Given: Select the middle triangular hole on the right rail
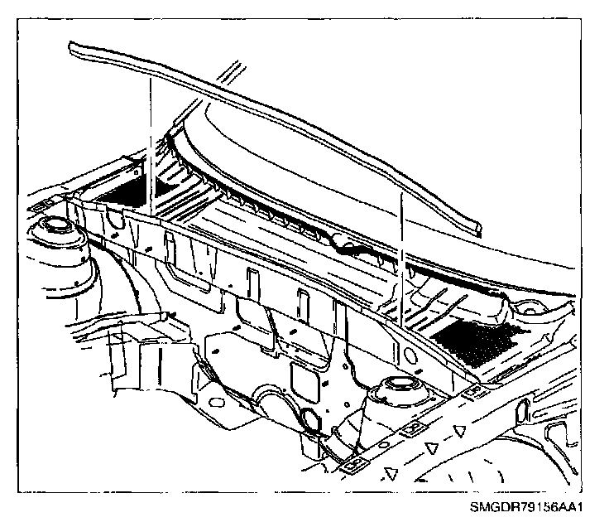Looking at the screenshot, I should (x=429, y=447).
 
